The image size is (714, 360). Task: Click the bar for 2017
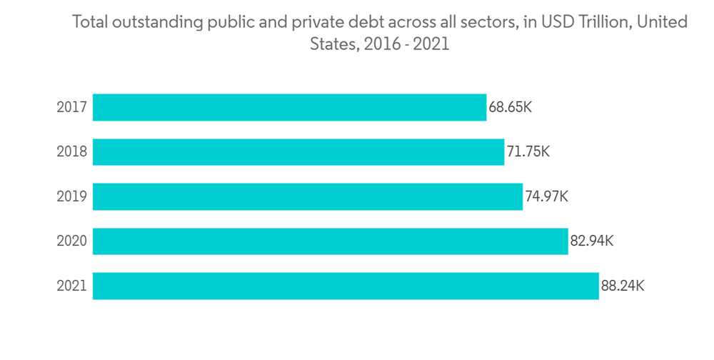(x=289, y=107)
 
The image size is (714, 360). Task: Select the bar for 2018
(x=298, y=151)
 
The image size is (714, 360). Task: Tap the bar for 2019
(x=308, y=196)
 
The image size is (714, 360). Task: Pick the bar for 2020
(x=330, y=241)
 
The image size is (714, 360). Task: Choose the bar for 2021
(x=346, y=286)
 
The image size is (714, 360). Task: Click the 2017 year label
(x=71, y=108)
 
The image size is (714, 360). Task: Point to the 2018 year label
(x=71, y=152)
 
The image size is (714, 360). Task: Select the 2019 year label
(x=71, y=196)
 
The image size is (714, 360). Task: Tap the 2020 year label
(x=71, y=241)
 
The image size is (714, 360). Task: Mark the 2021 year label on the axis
(x=71, y=286)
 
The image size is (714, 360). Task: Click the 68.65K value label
(x=511, y=108)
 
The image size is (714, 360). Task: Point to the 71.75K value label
(x=528, y=152)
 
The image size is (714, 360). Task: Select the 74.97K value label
(x=547, y=196)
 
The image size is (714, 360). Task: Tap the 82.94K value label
(x=592, y=241)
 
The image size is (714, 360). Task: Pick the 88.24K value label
(x=623, y=286)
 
